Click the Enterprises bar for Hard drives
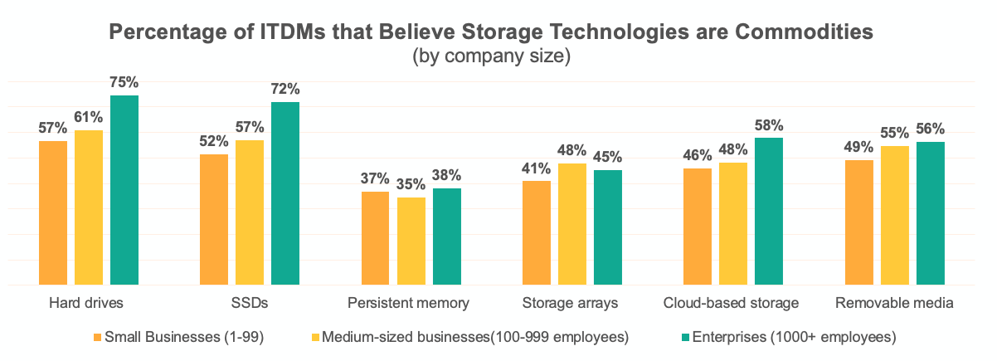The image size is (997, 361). coord(124,190)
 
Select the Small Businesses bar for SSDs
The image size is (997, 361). coord(214,219)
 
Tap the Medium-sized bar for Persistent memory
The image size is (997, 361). coord(411,241)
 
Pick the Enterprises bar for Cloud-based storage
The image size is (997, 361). coord(769,211)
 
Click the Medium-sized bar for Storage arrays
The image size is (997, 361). coord(572,224)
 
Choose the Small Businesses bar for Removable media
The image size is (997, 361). coord(859,222)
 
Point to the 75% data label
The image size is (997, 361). coord(124,83)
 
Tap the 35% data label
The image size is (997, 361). coord(411,184)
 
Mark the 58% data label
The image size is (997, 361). coord(769,125)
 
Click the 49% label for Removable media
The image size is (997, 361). coord(859,148)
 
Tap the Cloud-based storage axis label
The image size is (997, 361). coord(732,303)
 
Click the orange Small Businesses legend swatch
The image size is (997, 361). coord(97,338)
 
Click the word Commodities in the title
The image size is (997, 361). coord(796,32)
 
